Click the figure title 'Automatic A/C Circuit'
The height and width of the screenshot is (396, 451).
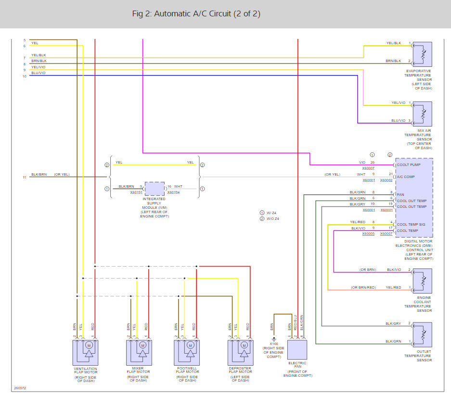tap(193, 13)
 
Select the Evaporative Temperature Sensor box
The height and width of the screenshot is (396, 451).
tap(422, 54)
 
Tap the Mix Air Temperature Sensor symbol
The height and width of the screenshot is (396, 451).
tap(422, 114)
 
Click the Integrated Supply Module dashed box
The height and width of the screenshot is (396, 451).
tap(155, 189)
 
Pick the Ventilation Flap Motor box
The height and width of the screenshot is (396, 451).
tap(85, 353)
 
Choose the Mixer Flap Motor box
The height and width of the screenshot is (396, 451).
tap(139, 353)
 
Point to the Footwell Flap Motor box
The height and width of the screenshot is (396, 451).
tap(187, 353)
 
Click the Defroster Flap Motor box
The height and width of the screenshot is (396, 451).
tap(241, 353)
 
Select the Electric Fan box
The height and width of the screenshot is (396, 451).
tap(297, 350)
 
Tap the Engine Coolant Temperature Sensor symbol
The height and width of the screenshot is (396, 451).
tap(422, 281)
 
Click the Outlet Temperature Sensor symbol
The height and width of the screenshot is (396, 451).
tap(422, 335)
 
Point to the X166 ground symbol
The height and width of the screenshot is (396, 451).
tap(274, 339)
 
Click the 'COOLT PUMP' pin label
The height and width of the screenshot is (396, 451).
tap(409, 165)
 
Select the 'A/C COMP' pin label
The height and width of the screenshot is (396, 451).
tap(406, 177)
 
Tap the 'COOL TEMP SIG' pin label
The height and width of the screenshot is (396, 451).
tap(411, 224)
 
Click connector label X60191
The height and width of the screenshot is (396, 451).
tap(136, 192)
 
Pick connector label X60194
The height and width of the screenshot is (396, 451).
tap(173, 192)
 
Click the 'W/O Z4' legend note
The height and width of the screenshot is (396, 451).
tap(273, 218)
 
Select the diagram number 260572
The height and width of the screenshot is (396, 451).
tap(20, 388)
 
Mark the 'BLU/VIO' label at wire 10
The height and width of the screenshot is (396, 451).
tap(38, 73)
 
